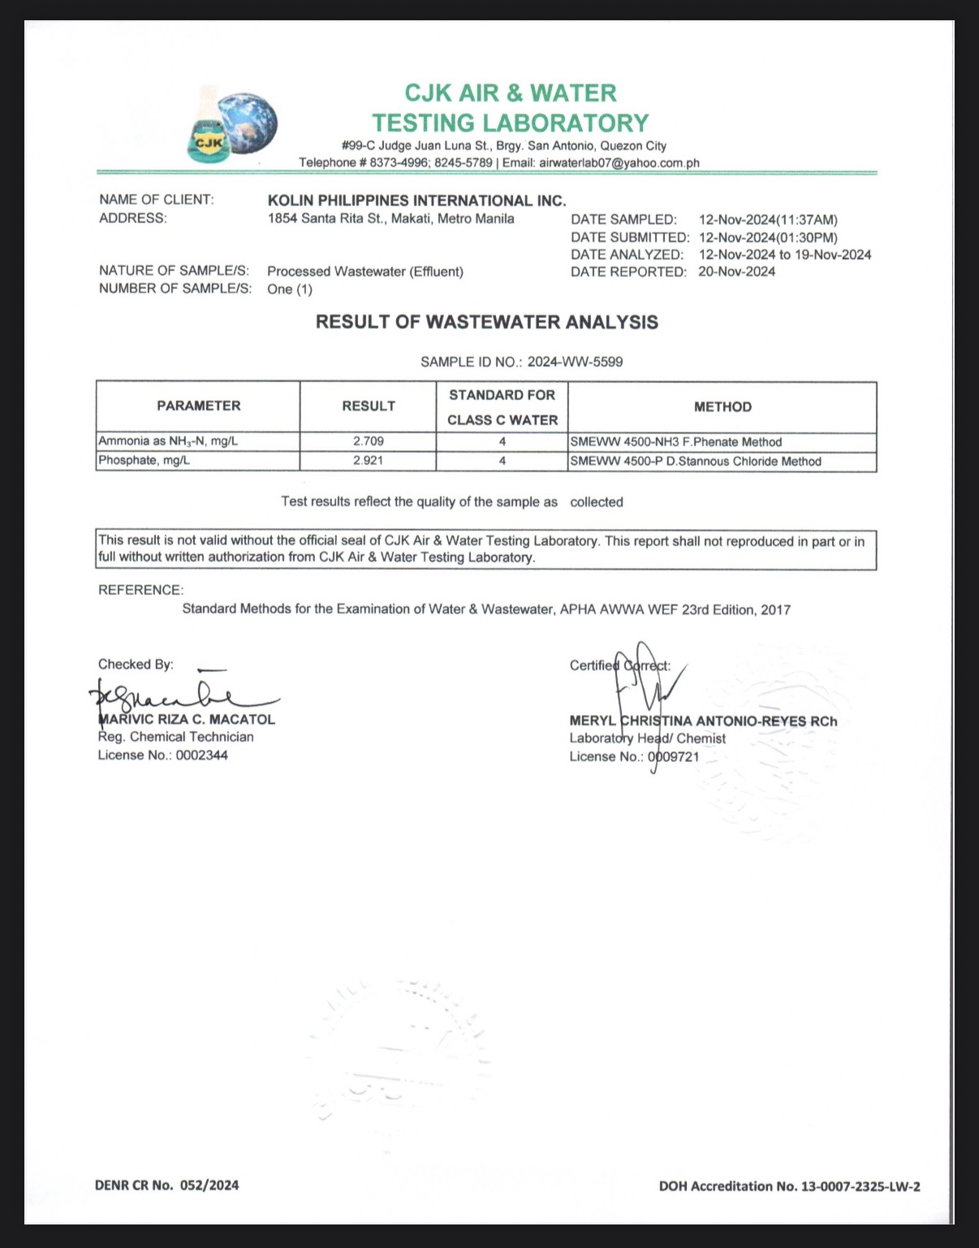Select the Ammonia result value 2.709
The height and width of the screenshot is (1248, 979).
point(369,441)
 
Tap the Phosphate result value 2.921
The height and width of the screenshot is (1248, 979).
point(369,460)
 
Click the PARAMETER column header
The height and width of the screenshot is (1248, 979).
point(199,406)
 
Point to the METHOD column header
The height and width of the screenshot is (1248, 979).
point(722,407)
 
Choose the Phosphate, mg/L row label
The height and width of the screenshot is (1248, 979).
point(144,460)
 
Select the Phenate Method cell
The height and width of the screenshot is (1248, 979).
point(676,442)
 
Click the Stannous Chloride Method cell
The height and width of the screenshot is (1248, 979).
point(696,461)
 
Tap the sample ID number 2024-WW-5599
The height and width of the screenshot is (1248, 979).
point(575,362)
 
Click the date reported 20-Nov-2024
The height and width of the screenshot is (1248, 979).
point(736,272)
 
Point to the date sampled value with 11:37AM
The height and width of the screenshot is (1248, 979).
point(768,220)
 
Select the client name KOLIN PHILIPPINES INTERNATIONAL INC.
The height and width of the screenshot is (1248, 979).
point(416,200)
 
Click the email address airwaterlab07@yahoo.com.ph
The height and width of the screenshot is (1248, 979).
point(619,163)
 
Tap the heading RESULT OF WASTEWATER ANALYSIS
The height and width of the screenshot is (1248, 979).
point(487,322)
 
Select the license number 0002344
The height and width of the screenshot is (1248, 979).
point(202,755)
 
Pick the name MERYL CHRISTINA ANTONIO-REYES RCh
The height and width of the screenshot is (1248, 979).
point(703,721)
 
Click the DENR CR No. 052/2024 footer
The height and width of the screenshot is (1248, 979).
point(166,1186)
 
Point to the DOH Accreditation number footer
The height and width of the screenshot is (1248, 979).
point(789,1186)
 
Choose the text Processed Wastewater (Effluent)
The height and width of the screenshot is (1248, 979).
point(365,272)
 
